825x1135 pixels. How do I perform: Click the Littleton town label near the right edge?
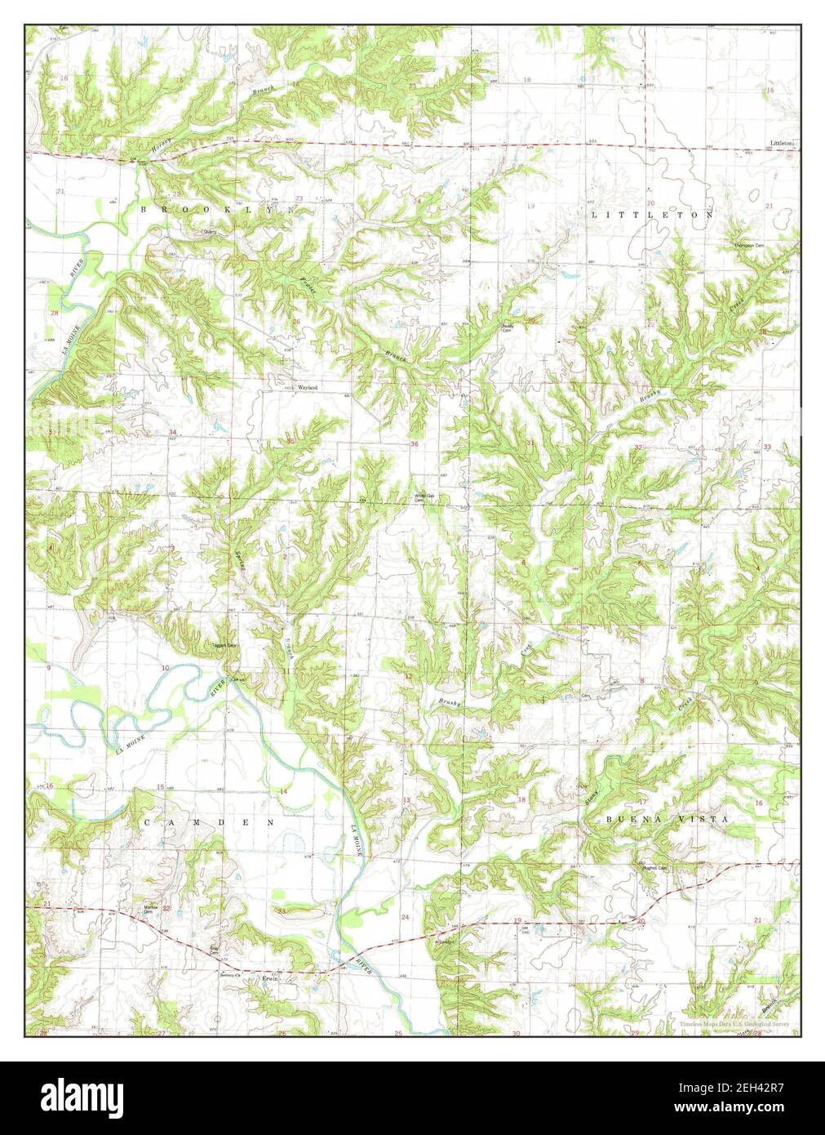pyautogui.click(x=781, y=143)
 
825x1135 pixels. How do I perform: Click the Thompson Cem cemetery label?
pyautogui.click(x=747, y=246)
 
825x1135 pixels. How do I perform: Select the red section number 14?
pyautogui.click(x=283, y=792)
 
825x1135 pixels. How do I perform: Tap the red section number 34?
pyautogui.click(x=172, y=431)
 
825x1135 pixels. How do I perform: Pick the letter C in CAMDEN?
pyautogui.click(x=147, y=823)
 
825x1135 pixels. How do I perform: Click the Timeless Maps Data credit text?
pyautogui.click(x=734, y=1023)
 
